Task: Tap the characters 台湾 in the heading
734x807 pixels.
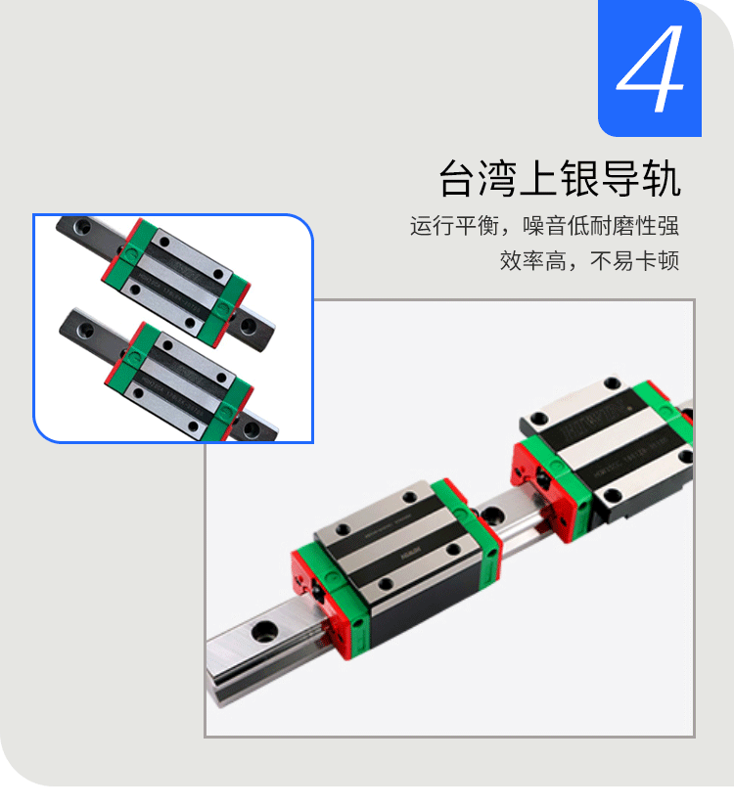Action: coord(468,180)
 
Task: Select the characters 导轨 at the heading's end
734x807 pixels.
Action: coord(650,180)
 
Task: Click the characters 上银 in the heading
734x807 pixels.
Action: coord(559,180)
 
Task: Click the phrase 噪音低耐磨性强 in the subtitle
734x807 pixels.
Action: coord(601,227)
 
